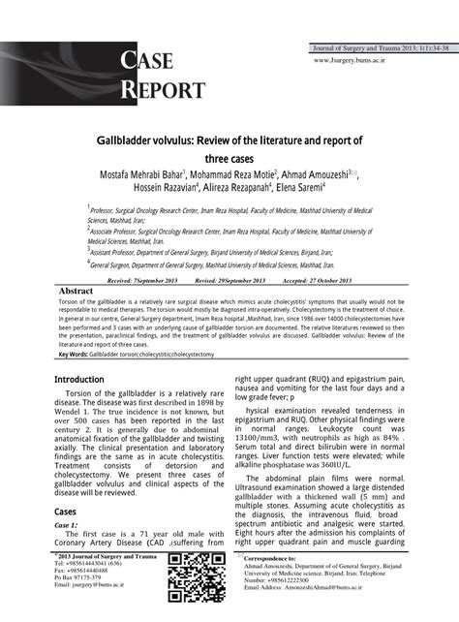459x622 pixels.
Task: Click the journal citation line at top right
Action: point(378,47)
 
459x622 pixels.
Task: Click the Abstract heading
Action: point(76,291)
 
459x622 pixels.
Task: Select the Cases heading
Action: point(66,511)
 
